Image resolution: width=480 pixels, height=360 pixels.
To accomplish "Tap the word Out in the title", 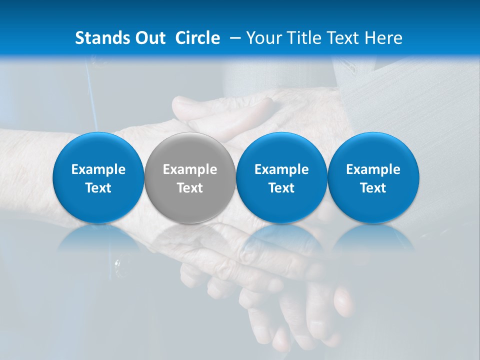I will click(x=150, y=38).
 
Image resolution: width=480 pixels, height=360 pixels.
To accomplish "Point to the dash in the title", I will click(x=233, y=38).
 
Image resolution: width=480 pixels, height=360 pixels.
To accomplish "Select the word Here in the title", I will click(x=384, y=38).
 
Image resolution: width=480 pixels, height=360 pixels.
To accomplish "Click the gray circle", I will click(x=190, y=150).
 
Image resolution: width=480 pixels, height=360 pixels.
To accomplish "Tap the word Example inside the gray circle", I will click(x=190, y=169).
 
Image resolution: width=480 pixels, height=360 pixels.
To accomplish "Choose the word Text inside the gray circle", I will click(x=190, y=188).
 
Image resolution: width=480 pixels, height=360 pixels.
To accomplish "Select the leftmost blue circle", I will click(x=98, y=150).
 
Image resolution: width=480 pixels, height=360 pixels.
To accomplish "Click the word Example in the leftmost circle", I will click(x=98, y=169).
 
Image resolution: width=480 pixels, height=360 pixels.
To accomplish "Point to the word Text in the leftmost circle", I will click(x=98, y=188).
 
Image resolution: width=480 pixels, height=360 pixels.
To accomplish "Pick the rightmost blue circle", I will click(x=373, y=150).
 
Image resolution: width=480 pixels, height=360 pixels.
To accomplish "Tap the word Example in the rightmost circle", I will click(x=373, y=169).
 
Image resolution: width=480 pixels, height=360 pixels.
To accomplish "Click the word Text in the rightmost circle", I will click(x=373, y=188).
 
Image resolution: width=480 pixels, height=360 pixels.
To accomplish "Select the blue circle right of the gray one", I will click(x=281, y=150).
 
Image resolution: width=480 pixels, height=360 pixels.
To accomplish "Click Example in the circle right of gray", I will click(x=281, y=169).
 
